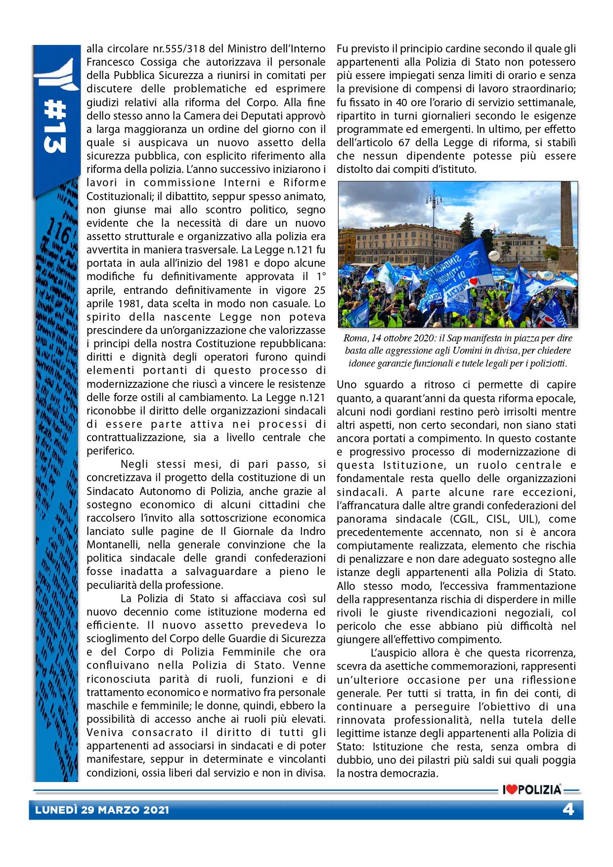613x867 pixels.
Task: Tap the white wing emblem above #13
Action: pos(56,74)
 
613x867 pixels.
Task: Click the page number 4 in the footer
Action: pos(568,810)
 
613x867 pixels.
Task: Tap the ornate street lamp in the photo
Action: pos(434,207)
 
